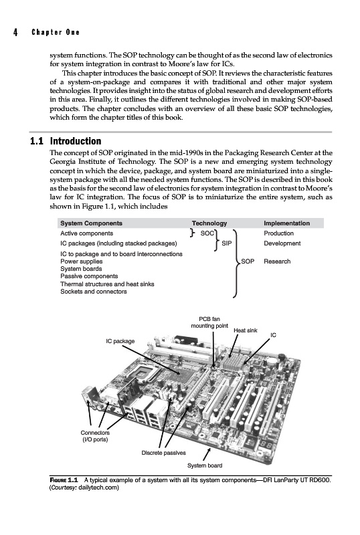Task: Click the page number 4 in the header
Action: (15, 32)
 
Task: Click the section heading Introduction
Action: (76, 141)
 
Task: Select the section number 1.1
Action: (37, 141)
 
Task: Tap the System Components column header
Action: (91, 223)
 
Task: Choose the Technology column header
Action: (209, 223)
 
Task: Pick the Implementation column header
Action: (286, 223)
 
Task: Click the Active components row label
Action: (87, 233)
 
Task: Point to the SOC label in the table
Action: (207, 233)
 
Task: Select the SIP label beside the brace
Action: (226, 243)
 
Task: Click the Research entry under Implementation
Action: (277, 261)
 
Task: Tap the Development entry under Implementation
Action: (282, 243)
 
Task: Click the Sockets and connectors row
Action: (94, 292)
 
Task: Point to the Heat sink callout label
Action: (245, 330)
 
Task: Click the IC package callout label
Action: (120, 341)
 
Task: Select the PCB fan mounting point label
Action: (209, 322)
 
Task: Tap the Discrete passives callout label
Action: (163, 453)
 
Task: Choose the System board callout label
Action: (205, 465)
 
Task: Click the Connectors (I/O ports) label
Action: (95, 436)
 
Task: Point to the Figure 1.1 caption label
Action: (64, 480)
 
